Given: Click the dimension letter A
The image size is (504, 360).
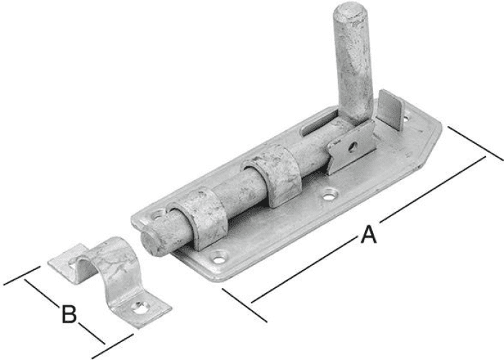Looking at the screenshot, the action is [x=368, y=235].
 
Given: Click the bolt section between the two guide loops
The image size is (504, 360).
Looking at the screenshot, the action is [x=237, y=193].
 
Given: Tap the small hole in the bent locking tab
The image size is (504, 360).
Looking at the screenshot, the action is [x=354, y=148].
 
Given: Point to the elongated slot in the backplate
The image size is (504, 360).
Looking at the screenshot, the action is [x=318, y=124].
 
